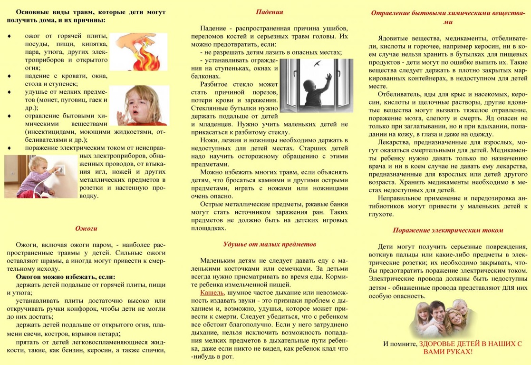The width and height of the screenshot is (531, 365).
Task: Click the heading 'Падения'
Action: (x=269, y=12)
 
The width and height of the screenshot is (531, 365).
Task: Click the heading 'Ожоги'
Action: (x=86, y=228)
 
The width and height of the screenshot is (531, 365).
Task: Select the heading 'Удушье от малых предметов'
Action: (x=270, y=244)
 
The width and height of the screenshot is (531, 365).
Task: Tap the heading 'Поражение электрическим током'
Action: (x=448, y=230)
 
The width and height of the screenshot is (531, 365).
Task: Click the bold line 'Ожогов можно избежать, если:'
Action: (x=66, y=276)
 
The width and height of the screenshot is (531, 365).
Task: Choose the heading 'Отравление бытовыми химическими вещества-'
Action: (x=447, y=13)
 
